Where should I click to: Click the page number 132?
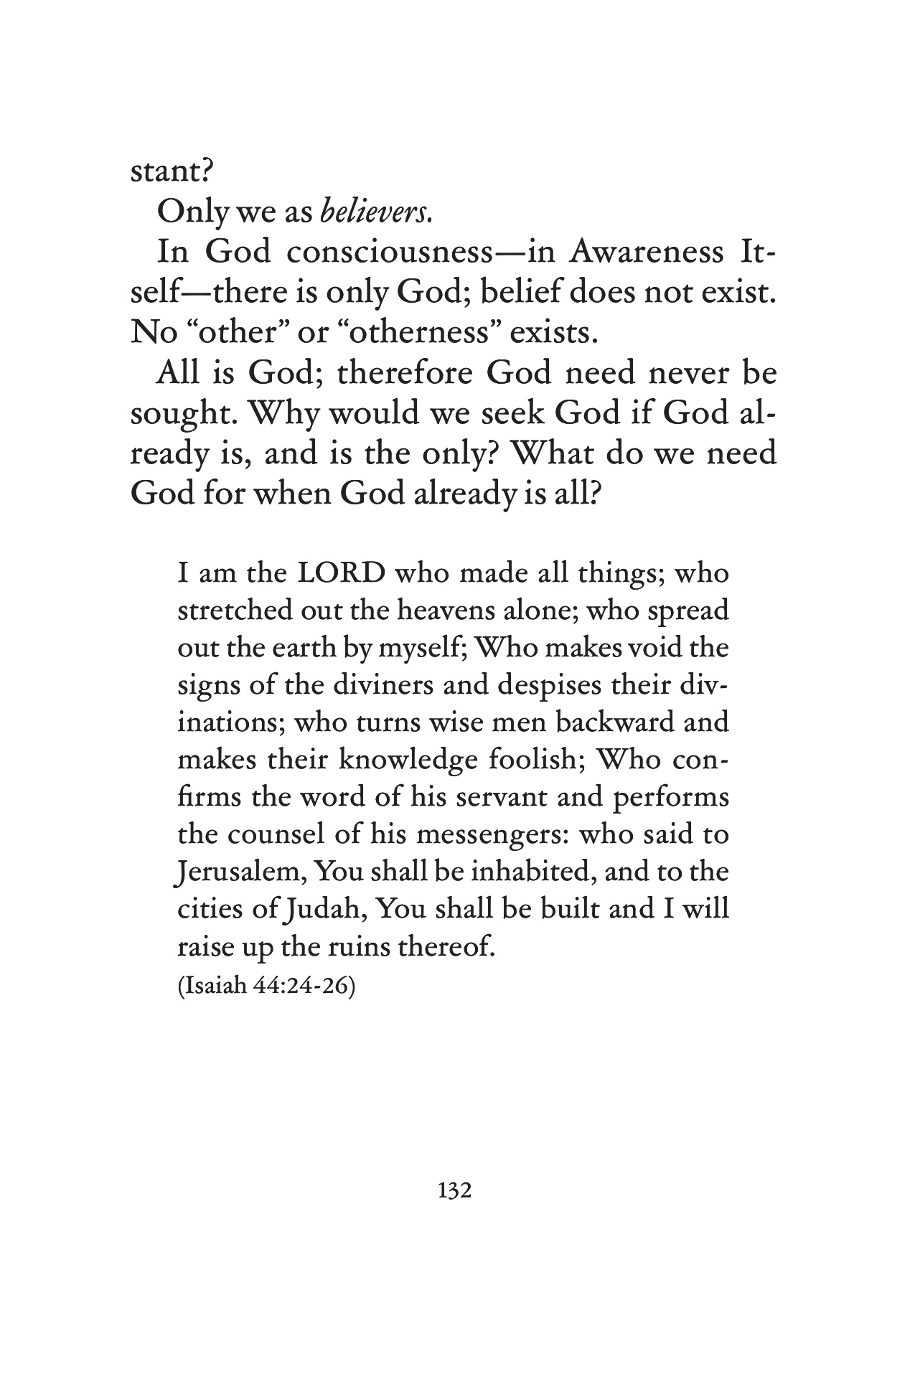click(454, 1191)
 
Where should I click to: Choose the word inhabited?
click(534, 873)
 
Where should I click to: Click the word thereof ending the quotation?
click(452, 948)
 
